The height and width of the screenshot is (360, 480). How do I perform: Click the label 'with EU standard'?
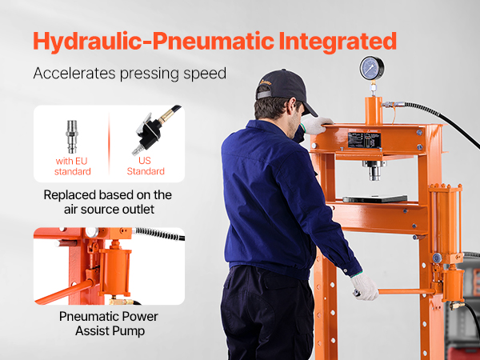click(x=72, y=166)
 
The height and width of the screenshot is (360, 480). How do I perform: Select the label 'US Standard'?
click(x=146, y=166)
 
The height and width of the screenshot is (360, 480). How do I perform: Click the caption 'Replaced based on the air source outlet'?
click(x=108, y=202)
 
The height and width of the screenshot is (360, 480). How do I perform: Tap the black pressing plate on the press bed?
click(x=375, y=198)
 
